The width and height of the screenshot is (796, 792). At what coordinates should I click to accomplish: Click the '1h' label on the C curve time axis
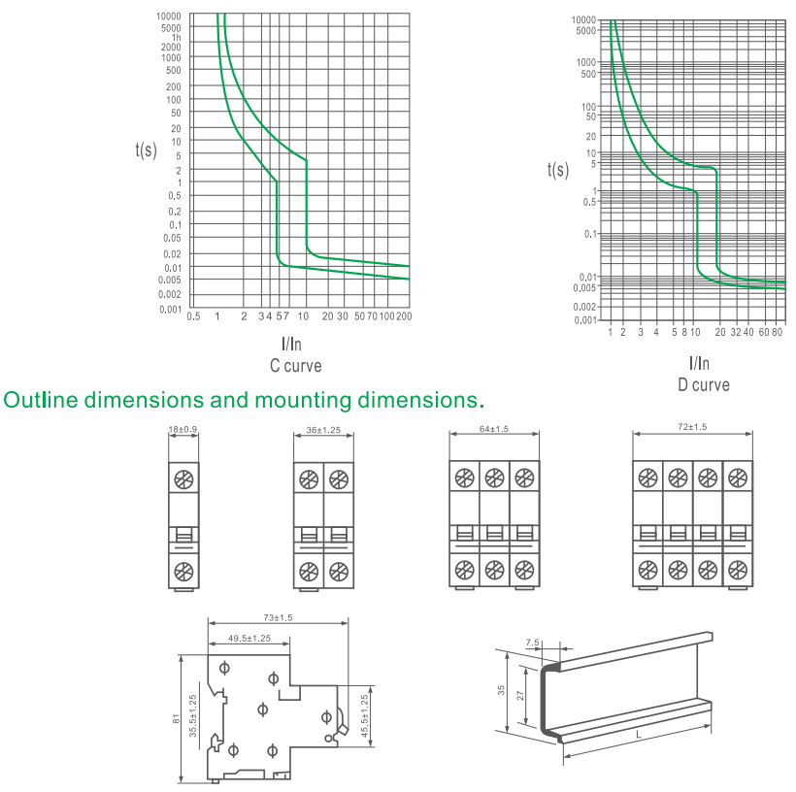pos(176,38)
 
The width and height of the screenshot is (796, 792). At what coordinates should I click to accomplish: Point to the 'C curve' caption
pos(295,366)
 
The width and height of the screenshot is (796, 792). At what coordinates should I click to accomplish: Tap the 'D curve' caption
pos(704,384)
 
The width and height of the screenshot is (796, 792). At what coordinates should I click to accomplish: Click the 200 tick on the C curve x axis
pos(404,316)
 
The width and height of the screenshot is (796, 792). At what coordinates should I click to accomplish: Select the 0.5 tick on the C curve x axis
pos(193,316)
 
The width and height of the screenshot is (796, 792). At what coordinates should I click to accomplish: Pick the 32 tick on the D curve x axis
pos(736,332)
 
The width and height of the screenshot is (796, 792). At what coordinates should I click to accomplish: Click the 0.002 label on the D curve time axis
pos(584,307)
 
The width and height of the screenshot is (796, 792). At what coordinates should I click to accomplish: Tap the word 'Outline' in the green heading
pos(41,400)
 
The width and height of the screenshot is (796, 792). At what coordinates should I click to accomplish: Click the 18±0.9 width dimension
pos(182,430)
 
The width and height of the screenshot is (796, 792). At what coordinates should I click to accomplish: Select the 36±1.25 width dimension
pos(323,430)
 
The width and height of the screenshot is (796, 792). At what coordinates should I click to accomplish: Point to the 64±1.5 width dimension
pos(494,429)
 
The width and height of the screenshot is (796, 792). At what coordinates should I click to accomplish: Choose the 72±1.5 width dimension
pos(692,427)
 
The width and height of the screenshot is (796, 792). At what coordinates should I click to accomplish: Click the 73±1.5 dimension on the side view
pos(278,618)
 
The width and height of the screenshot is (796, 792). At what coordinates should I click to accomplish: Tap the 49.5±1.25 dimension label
pos(249,639)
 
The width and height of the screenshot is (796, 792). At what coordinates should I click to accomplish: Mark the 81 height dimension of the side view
pos(176,719)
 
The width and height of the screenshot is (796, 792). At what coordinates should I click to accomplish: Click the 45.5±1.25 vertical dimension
pos(364,716)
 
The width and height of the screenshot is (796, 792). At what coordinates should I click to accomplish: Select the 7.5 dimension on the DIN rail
pos(533,643)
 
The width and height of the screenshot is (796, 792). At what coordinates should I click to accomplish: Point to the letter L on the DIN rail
pos(639,735)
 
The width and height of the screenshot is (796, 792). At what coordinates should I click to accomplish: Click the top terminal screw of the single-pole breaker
pos(183,479)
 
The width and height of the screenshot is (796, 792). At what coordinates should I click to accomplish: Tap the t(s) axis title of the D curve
pos(558,170)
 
